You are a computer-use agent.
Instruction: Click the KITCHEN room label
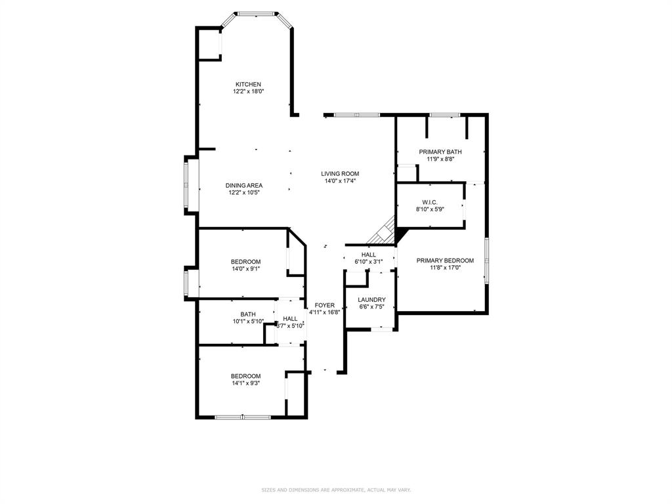[248, 84]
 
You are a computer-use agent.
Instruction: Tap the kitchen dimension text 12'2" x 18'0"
[248, 92]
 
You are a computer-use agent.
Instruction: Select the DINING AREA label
[244, 186]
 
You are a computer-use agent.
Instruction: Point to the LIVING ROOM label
[340, 174]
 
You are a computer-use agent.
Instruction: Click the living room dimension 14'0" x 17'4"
[340, 181]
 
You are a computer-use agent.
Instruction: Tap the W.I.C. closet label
[430, 202]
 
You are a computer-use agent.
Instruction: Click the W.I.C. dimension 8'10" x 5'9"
[430, 209]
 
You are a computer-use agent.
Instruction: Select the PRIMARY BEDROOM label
[445, 261]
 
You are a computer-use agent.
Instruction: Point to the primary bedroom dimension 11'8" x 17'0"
[445, 268]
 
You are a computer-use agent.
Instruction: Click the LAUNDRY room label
[371, 300]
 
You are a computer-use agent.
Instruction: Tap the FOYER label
[324, 305]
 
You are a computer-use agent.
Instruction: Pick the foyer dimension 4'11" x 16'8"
[324, 312]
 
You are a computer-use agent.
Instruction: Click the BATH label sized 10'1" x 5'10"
[248, 314]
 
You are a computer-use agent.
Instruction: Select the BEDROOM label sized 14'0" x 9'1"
[245, 262]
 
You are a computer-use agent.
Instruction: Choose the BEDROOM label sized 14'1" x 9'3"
[245, 376]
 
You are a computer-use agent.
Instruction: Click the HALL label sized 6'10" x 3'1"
[368, 255]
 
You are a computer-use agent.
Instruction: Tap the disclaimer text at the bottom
[336, 490]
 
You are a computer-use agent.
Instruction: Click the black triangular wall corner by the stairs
[401, 234]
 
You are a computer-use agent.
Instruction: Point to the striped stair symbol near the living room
[382, 233]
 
